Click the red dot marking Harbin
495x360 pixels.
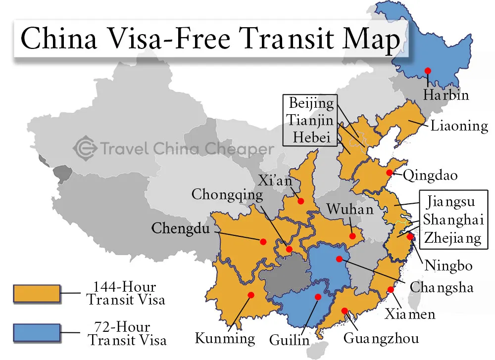tap(427, 71)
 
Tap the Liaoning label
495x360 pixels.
tap(459, 126)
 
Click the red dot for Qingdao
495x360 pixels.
tap(390, 173)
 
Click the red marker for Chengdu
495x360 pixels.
tap(263, 241)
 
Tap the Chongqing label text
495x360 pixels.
tap(227, 194)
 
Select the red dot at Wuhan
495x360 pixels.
tap(352, 236)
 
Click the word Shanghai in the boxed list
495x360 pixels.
tap(453, 220)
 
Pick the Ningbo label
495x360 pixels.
tap(448, 266)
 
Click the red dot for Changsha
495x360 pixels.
tap(339, 259)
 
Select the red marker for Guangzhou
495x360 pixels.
tap(345, 311)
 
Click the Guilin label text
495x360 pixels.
tap(289, 340)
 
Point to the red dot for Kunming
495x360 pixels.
tap(250, 295)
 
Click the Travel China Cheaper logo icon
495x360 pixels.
tap(84, 147)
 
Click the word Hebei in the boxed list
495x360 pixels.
tap(311, 137)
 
